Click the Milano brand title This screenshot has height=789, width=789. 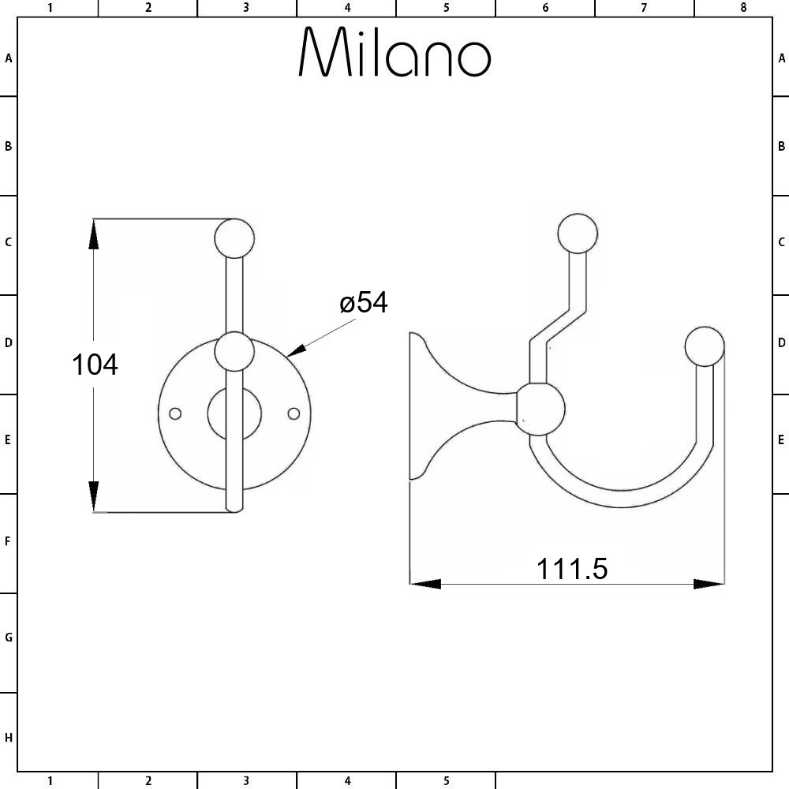click(x=394, y=54)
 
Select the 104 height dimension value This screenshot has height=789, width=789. click(x=95, y=365)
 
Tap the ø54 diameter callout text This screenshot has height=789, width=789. click(x=364, y=302)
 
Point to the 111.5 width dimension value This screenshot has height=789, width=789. click(x=572, y=568)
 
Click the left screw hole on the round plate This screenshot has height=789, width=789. click(x=176, y=413)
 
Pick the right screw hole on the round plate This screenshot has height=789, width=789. click(x=294, y=413)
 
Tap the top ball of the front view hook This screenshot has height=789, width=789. click(x=234, y=237)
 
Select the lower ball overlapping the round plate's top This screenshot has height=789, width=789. click(x=234, y=352)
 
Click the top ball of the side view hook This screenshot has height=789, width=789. click(x=578, y=234)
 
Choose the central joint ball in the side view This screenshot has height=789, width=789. click(x=540, y=409)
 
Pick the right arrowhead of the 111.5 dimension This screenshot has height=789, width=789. click(x=708, y=584)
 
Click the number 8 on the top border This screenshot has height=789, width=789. click(x=742, y=8)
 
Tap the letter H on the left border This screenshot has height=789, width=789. click(x=9, y=738)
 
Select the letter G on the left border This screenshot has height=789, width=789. click(x=9, y=638)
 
